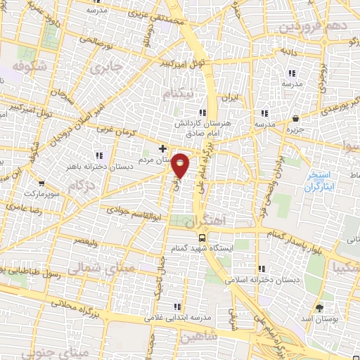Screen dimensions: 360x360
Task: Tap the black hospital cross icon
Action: (x=163, y=148)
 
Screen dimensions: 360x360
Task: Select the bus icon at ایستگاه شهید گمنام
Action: (x=202, y=238)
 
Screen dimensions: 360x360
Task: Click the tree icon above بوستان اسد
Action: (x=320, y=308)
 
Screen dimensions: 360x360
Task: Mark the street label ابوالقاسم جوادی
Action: (x=134, y=210)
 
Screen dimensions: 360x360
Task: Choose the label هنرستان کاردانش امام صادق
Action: (x=203, y=126)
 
